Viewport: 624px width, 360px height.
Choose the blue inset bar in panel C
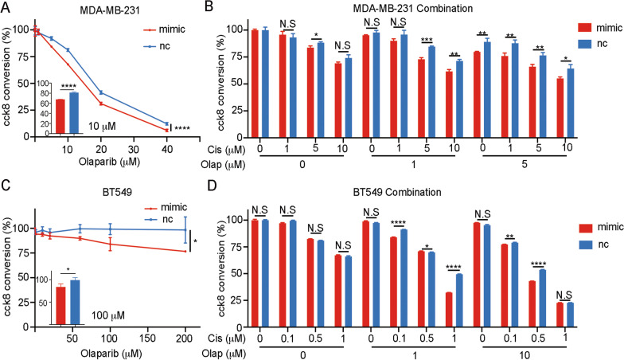point(76,303)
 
